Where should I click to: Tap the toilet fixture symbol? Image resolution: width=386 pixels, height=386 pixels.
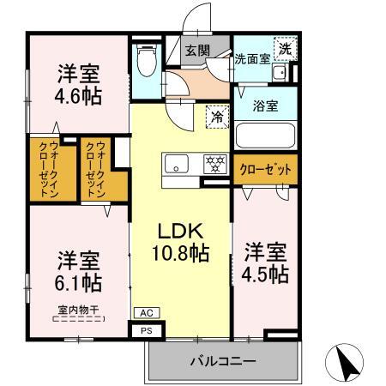tap(145, 60)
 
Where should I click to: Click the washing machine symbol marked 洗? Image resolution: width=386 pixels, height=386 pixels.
tap(283, 49)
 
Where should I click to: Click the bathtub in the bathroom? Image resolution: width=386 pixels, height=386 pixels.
tap(265, 136)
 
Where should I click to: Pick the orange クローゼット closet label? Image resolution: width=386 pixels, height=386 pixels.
tap(265, 170)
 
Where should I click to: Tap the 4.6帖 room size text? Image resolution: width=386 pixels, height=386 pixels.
tap(79, 95)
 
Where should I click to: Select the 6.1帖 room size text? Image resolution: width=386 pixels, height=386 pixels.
tap(79, 282)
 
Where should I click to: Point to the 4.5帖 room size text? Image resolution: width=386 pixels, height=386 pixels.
tap(265, 274)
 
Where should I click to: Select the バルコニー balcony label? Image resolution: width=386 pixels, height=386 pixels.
tap(222, 361)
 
